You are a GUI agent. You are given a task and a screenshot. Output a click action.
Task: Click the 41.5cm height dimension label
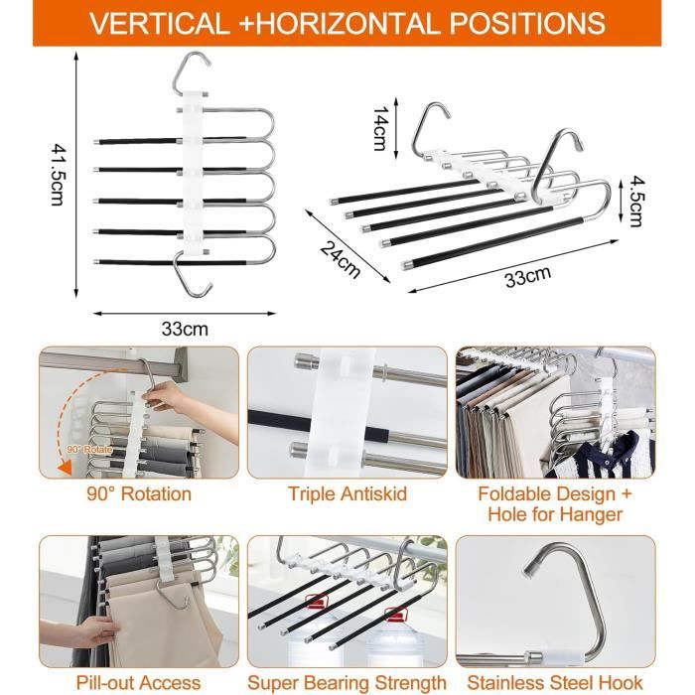pyautogui.click(x=59, y=174)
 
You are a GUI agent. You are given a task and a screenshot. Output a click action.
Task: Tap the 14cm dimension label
pyautogui.click(x=380, y=128)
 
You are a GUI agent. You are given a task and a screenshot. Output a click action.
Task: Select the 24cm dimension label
pyautogui.click(x=340, y=259)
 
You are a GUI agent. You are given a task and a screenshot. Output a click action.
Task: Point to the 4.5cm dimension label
pyautogui.click(x=637, y=202)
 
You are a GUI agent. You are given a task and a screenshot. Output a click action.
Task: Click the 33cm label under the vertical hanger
pyautogui.click(x=185, y=329)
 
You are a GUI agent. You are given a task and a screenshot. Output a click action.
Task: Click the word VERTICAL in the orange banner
pyautogui.click(x=160, y=23)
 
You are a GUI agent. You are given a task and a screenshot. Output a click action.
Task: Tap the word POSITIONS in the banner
pyautogui.click(x=527, y=23)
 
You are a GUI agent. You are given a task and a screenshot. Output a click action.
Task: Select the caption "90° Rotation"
pyautogui.click(x=139, y=493)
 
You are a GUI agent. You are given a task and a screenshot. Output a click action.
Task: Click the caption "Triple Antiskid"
pyautogui.click(x=347, y=493)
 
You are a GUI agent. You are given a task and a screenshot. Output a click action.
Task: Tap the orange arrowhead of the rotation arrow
pyautogui.click(x=66, y=467)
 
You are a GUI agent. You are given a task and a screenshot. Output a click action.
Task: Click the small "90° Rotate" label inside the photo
pyautogui.click(x=89, y=450)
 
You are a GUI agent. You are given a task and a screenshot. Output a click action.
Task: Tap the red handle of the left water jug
pyautogui.click(x=316, y=601)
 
